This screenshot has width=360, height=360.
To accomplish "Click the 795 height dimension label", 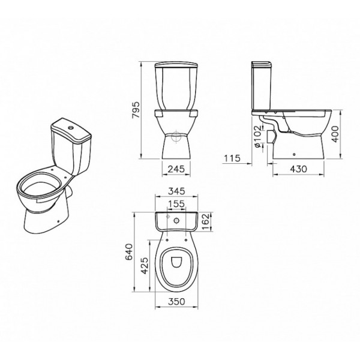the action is [x=136, y=110].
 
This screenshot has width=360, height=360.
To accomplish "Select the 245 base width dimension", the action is [x=176, y=169].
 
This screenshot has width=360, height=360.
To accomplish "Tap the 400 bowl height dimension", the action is [x=335, y=134].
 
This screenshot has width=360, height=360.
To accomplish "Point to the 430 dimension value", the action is [x=298, y=169].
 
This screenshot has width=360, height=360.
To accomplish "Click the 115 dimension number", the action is [x=232, y=158].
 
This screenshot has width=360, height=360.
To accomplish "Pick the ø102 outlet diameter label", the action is [x=258, y=137].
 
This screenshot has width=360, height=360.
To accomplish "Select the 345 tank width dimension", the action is [x=176, y=191].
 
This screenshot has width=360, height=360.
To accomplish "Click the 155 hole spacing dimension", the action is [x=176, y=203].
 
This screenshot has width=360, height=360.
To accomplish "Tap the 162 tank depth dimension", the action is [x=205, y=222].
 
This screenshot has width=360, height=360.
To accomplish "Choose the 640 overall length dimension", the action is [x=129, y=252].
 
